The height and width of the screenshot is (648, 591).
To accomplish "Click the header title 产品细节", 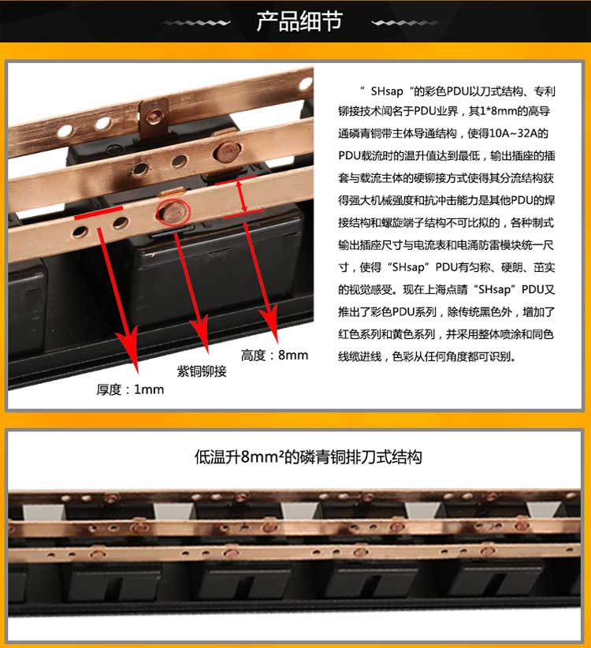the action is click(x=299, y=21).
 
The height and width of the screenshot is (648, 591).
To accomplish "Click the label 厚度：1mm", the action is click(x=130, y=389).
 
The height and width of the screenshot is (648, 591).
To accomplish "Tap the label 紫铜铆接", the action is click(x=202, y=371).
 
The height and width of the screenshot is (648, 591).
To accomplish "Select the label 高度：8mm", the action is click(x=275, y=355).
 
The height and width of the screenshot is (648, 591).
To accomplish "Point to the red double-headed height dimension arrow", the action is click(x=242, y=196).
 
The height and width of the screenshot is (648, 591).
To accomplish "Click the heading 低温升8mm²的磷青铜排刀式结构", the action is click(x=308, y=457).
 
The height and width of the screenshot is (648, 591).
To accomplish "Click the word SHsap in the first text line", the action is click(x=387, y=91).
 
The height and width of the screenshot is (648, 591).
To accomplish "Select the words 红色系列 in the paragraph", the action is click(x=359, y=334).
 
